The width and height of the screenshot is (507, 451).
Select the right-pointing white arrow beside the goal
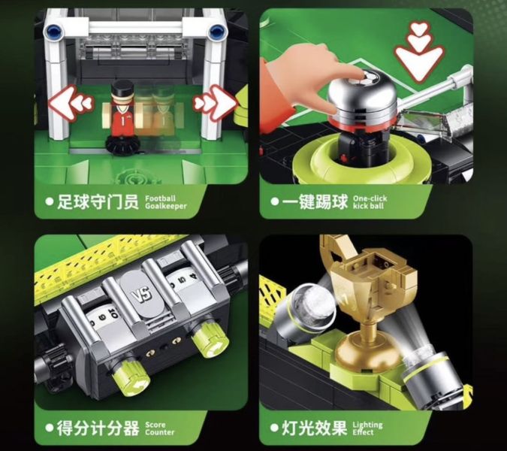(x=216, y=103)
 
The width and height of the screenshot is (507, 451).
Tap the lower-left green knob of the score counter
(x=131, y=378)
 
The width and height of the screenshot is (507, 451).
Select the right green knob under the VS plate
(x=210, y=341)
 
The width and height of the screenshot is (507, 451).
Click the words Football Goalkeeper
(x=165, y=202)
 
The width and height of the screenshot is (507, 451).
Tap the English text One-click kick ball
(x=370, y=202)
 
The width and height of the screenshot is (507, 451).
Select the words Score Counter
(x=159, y=428)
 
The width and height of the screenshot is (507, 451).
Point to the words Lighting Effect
(x=367, y=428)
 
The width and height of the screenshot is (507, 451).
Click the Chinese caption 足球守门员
(x=98, y=202)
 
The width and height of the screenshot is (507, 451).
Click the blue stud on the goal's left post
(x=54, y=32)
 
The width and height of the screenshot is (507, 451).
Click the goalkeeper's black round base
(x=122, y=146)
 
